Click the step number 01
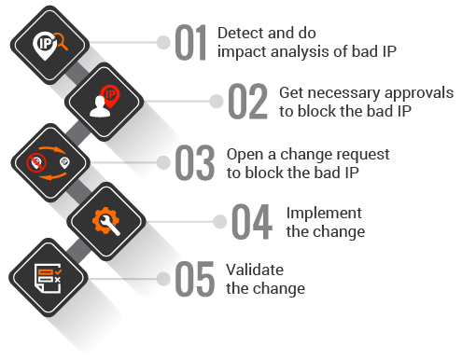pos(190,44)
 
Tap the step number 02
pos(248,103)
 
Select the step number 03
pos(195,161)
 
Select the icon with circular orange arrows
pos(49,161)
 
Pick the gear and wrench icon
pos(107,220)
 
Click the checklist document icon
pos(47,277)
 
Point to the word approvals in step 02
pos(420,93)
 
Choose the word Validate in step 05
pos(255,270)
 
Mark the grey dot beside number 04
pos(221,221)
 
